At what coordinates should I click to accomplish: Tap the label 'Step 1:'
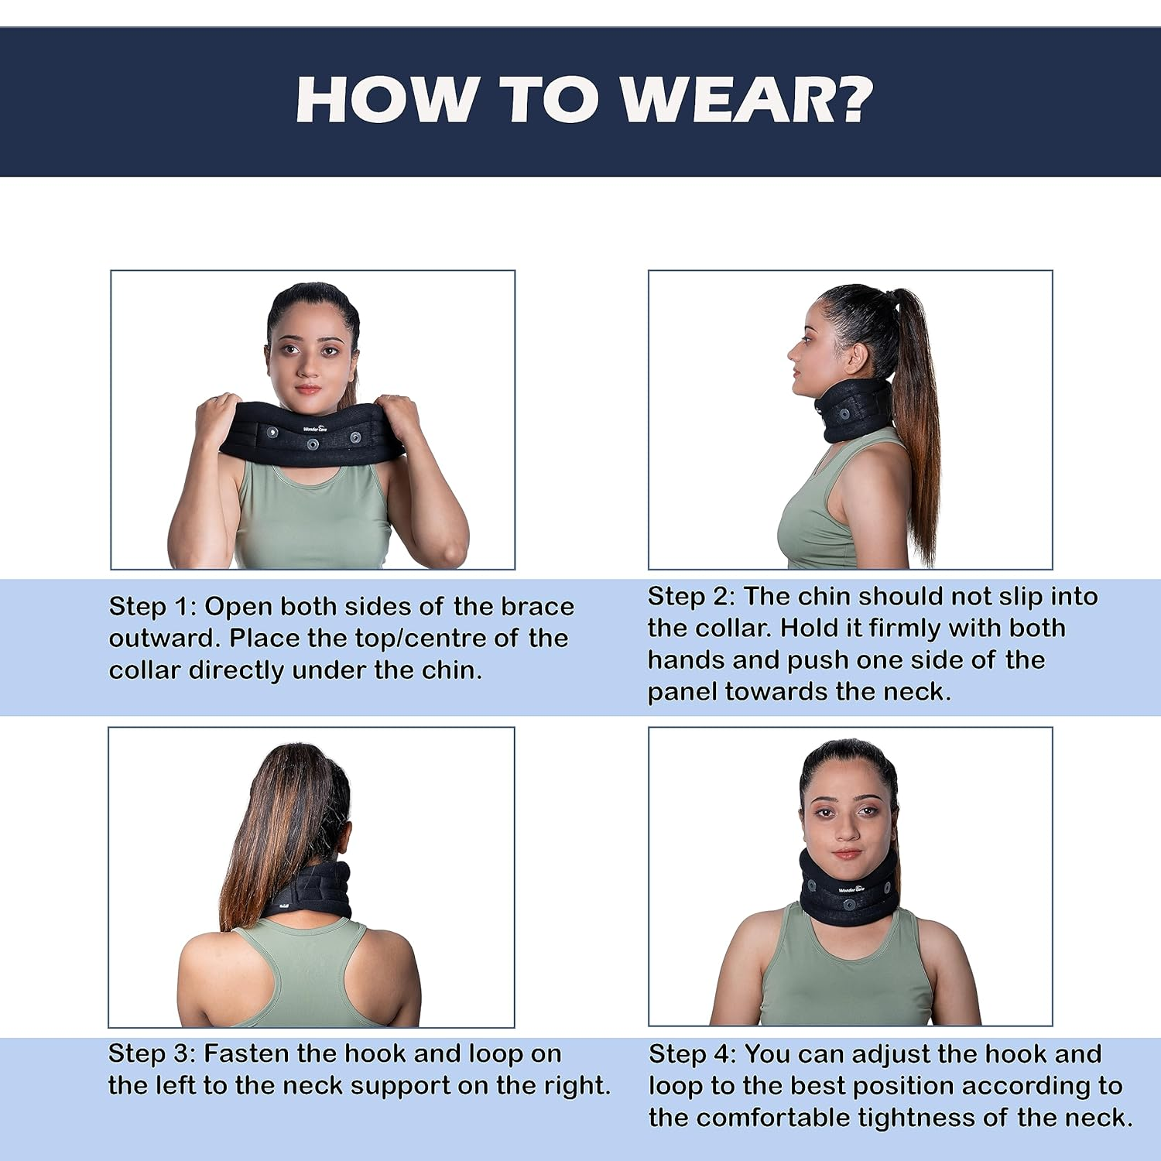click(152, 606)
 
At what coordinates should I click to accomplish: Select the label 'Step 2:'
click(690, 596)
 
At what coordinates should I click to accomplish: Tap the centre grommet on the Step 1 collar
click(312, 444)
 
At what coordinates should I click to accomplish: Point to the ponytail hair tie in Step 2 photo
click(892, 295)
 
